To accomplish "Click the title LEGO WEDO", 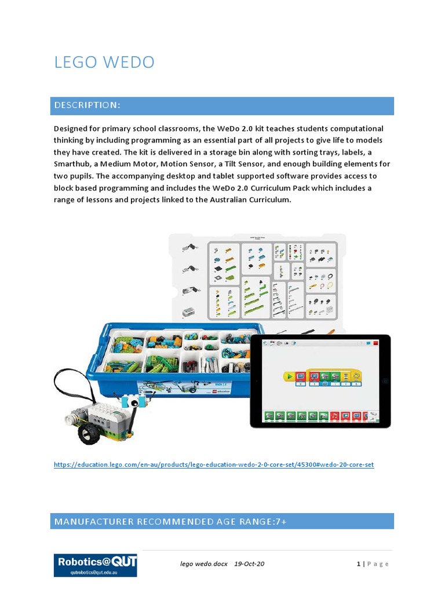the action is (104, 62).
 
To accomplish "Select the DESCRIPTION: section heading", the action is (87, 105).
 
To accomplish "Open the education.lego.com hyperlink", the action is (214, 465).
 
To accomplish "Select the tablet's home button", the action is (385, 381).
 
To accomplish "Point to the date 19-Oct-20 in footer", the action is (250, 563).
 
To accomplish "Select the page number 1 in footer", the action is (359, 563).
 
